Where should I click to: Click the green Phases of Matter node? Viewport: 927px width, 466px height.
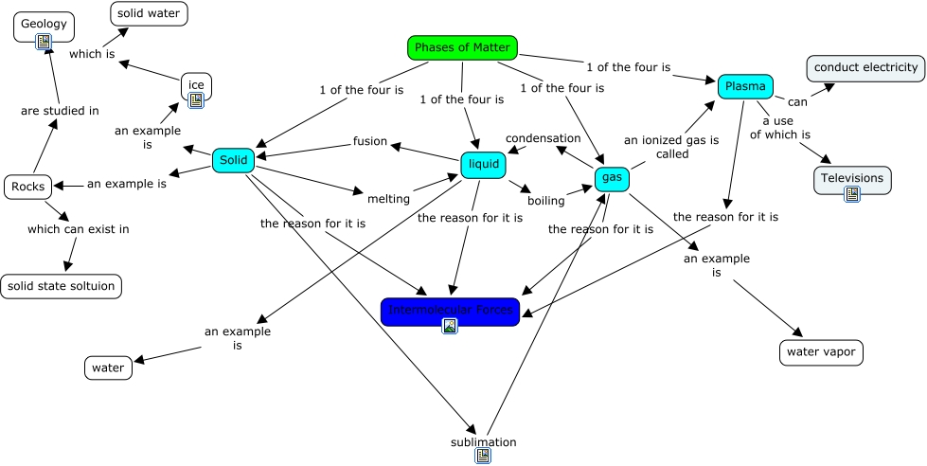click(462, 47)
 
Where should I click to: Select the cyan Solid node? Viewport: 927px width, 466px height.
click(233, 161)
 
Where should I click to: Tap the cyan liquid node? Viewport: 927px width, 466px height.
click(483, 165)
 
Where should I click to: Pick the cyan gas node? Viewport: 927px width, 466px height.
click(612, 178)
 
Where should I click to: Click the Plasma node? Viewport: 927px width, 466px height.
click(745, 87)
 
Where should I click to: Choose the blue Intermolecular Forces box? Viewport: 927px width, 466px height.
click(450, 311)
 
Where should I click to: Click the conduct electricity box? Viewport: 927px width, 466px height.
click(865, 67)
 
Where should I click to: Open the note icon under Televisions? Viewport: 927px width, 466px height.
click(852, 193)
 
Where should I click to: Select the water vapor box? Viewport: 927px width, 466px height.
click(821, 352)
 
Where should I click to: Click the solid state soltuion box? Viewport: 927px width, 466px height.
click(62, 285)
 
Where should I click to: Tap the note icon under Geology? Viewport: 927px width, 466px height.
click(43, 41)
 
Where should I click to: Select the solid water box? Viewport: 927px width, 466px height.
click(149, 13)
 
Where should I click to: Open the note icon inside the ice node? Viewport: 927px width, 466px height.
click(196, 99)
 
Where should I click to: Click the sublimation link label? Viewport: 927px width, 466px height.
click(483, 442)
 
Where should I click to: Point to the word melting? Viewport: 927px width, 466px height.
click(388, 199)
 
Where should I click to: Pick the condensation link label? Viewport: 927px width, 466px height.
click(543, 138)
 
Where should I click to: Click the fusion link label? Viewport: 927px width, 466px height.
click(370, 141)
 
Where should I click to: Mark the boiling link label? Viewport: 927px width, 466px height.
click(546, 201)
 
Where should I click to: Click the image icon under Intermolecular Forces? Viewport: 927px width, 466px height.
click(450, 326)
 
